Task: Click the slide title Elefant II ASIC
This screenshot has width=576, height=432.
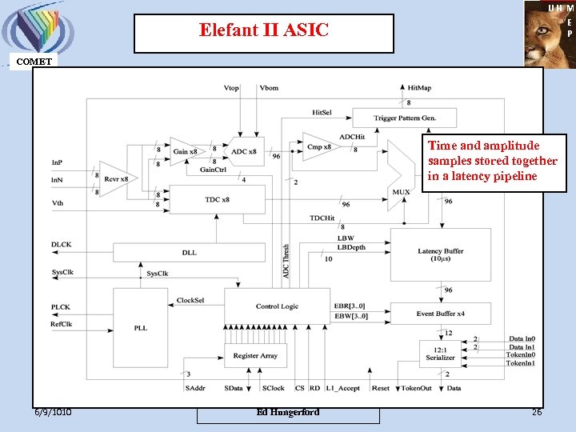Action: (263, 32)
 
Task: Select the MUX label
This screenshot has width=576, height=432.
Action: (401, 192)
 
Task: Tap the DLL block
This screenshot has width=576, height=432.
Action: (189, 253)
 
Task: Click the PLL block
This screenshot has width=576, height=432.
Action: (141, 327)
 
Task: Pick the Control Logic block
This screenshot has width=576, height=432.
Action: (277, 306)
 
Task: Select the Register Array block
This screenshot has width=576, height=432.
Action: (255, 354)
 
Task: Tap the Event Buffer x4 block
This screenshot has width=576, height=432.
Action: (440, 314)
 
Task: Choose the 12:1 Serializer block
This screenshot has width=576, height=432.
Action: (441, 354)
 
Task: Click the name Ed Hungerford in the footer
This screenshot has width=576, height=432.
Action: (288, 412)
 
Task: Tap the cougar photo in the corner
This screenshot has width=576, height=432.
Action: (549, 34)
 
